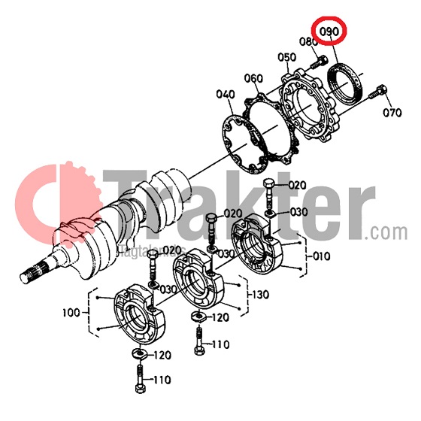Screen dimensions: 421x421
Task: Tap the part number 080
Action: [309, 42]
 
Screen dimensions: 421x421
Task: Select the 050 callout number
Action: [286, 57]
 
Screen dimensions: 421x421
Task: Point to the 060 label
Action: [253, 78]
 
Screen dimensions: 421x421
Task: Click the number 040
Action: [226, 95]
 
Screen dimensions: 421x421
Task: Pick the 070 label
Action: [392, 114]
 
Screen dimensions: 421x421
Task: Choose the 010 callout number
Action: [322, 256]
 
